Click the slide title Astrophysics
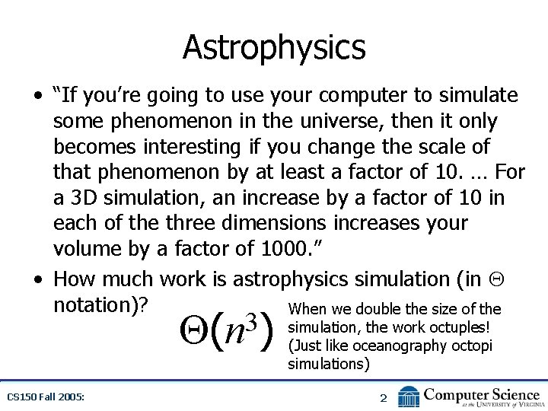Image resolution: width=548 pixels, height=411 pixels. (274, 47)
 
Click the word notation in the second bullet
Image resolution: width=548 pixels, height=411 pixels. (97, 304)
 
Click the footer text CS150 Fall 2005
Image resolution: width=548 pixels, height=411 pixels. (46, 397)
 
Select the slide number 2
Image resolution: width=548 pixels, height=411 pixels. (384, 398)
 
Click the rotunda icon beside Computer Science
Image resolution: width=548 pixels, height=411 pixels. (409, 397)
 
